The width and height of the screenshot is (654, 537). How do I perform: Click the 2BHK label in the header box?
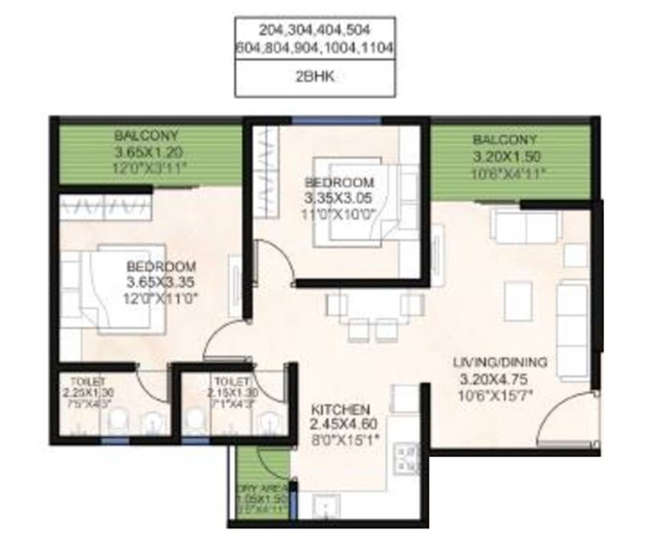315,78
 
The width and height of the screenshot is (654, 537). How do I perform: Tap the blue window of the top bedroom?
335,119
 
